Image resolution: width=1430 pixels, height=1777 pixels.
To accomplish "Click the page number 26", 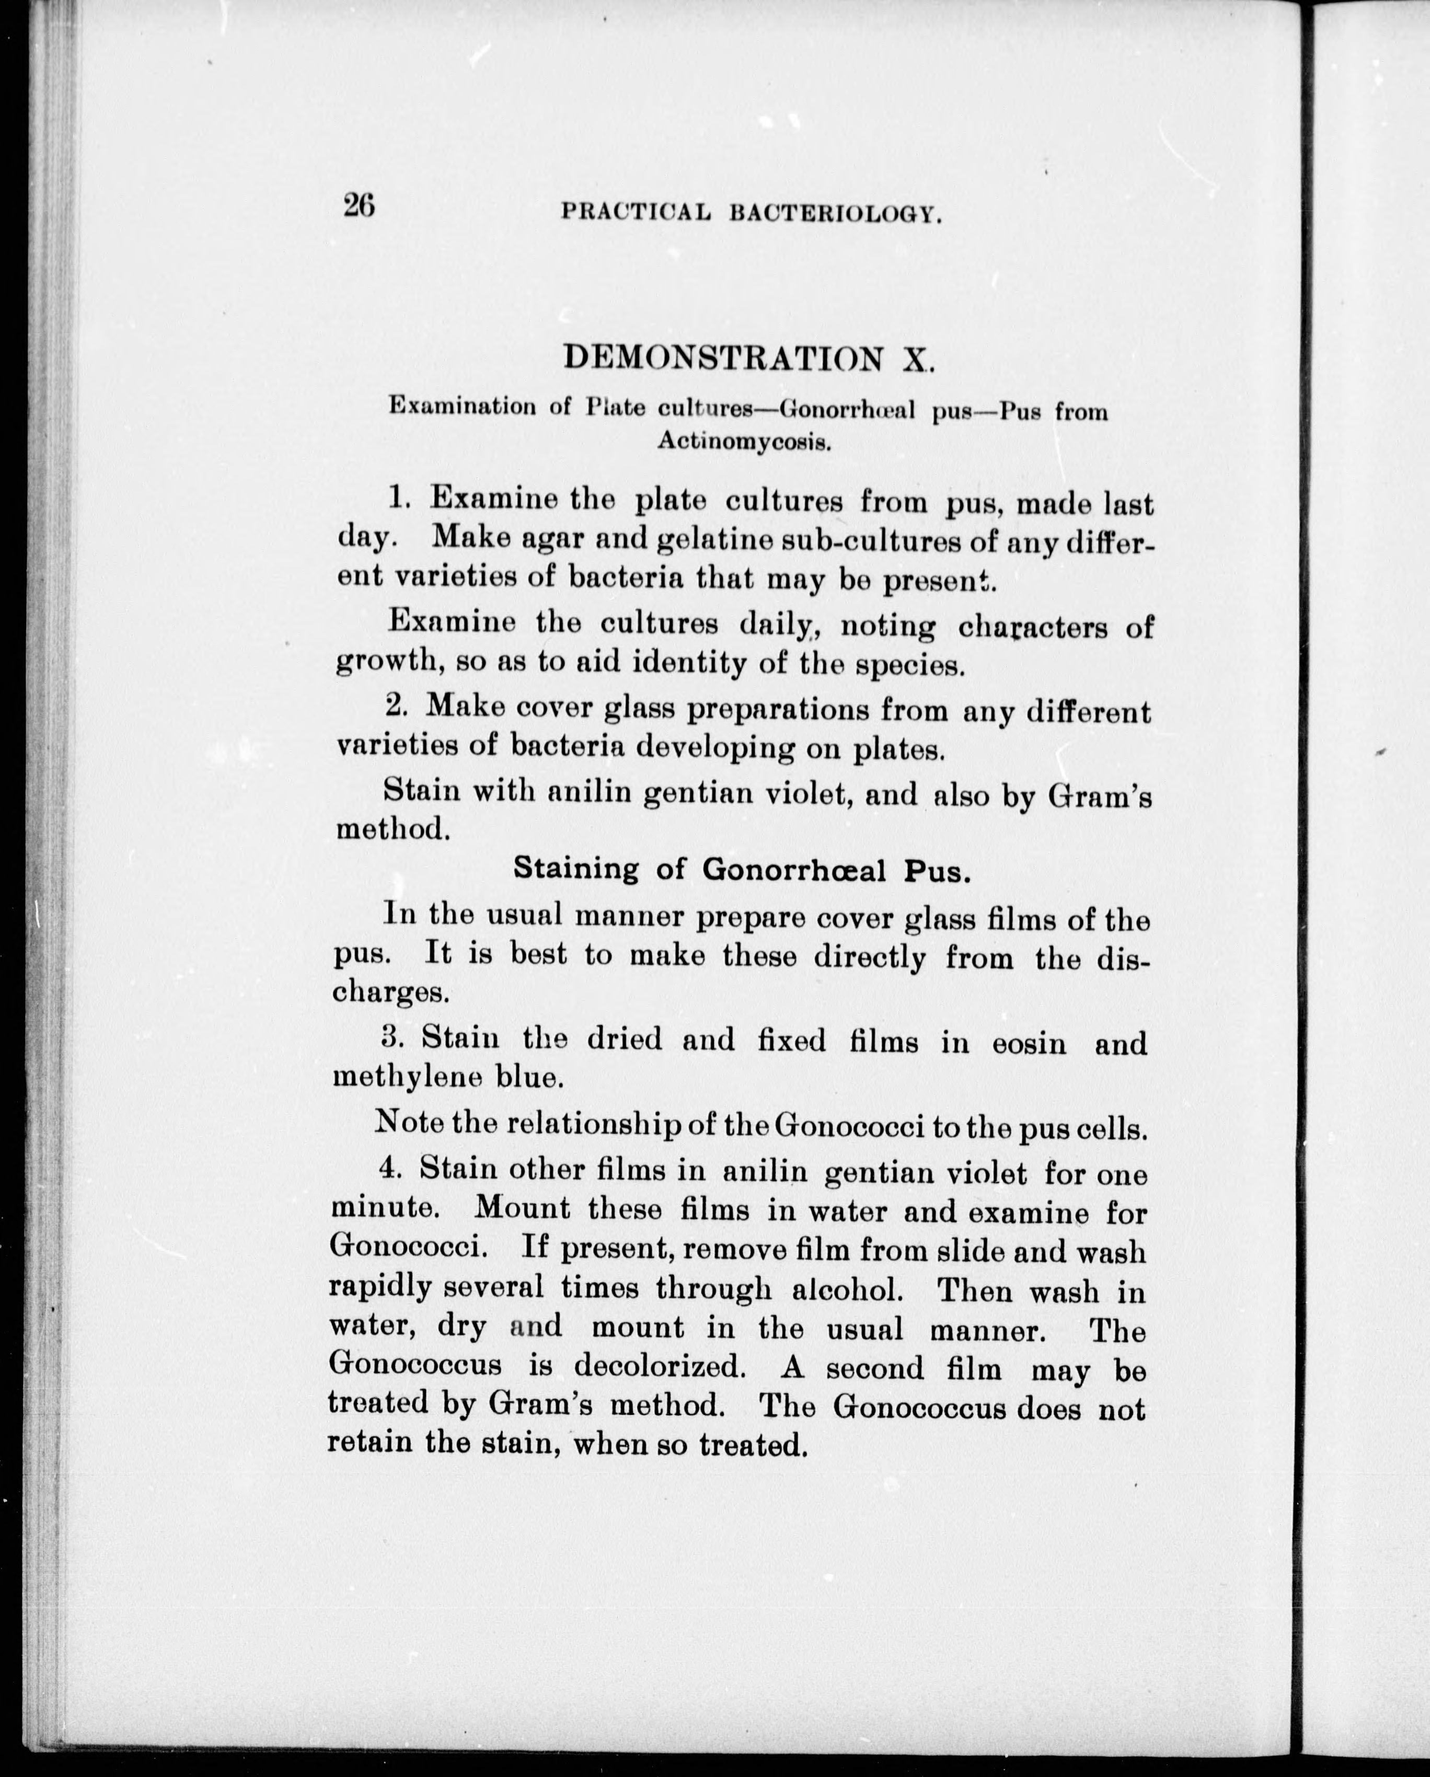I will (360, 204).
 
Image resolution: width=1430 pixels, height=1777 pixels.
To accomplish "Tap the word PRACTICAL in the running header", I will (636, 213).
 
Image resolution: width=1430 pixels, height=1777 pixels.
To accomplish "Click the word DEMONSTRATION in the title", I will (723, 357).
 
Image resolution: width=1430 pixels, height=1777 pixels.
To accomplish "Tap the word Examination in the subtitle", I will (463, 406).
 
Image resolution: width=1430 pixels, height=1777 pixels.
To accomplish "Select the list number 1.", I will (398, 497).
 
